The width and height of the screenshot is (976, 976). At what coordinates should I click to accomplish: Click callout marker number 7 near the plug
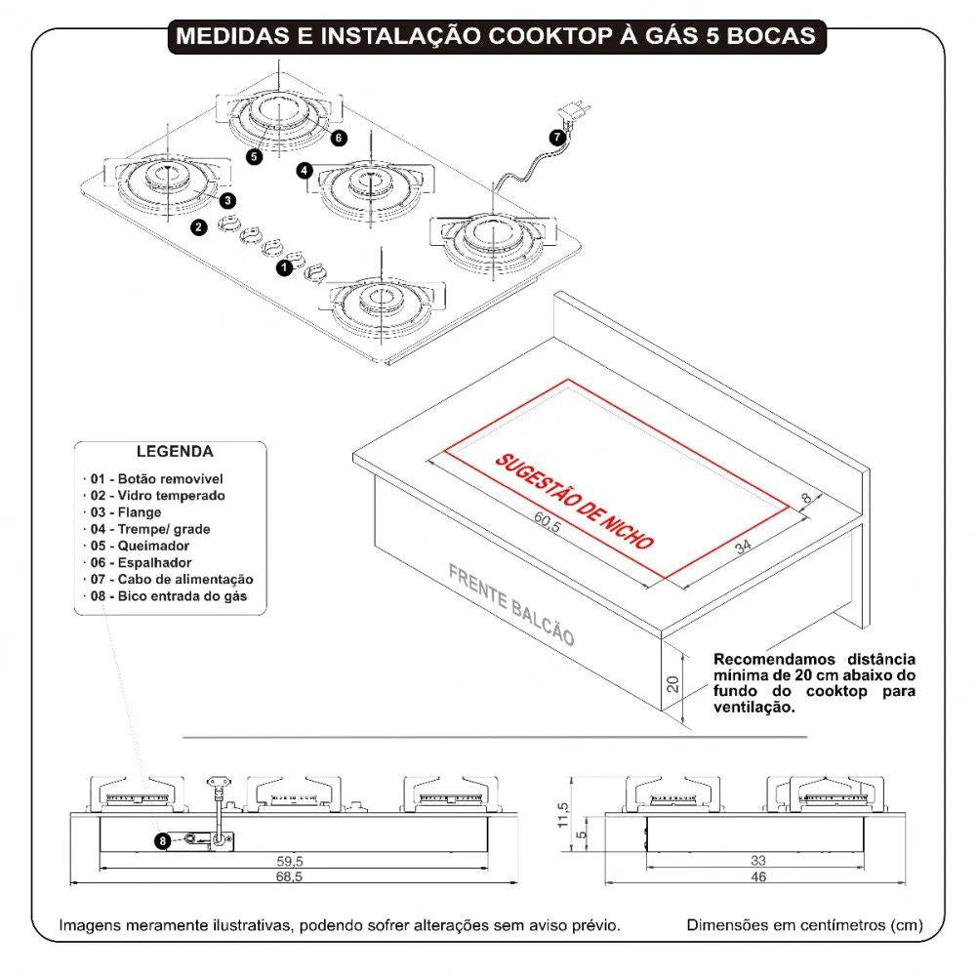(x=555, y=137)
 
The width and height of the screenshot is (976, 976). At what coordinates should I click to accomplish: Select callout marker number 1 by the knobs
(x=284, y=265)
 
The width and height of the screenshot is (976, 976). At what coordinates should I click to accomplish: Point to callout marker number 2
(x=199, y=227)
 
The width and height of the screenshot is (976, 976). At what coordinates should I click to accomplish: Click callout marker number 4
(x=305, y=170)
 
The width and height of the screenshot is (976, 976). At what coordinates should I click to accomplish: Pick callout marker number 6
(x=338, y=138)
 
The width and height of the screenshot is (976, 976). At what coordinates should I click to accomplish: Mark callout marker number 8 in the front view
(x=163, y=839)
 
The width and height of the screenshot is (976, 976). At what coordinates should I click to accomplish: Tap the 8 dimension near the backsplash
(x=806, y=499)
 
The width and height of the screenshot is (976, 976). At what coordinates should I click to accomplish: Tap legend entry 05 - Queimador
(x=139, y=546)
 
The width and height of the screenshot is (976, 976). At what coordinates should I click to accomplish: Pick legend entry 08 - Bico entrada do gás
(x=168, y=595)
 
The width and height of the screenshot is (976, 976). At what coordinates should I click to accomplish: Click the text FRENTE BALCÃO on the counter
(x=510, y=604)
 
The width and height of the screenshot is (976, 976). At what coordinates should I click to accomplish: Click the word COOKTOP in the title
(x=544, y=36)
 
